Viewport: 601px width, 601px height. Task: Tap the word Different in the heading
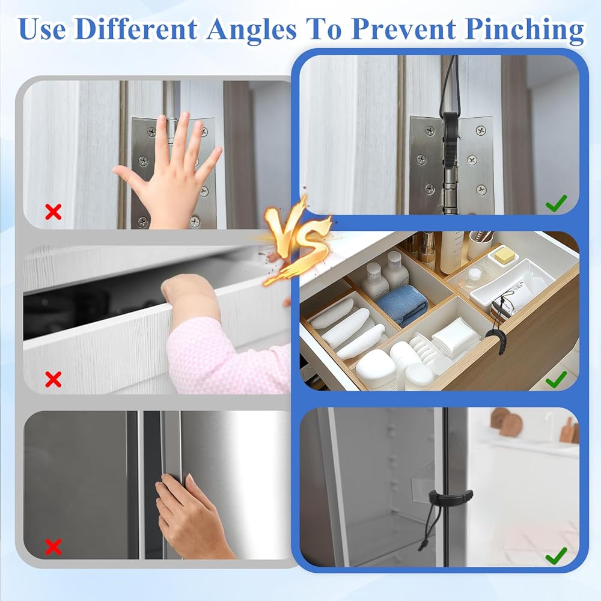pyautogui.click(x=136, y=29)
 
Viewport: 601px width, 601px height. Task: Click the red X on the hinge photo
pyautogui.click(x=53, y=212)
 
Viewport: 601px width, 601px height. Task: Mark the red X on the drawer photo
pyautogui.click(x=53, y=379)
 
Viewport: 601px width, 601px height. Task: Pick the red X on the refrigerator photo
pyautogui.click(x=53, y=546)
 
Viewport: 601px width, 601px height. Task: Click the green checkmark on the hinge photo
pyautogui.click(x=556, y=203)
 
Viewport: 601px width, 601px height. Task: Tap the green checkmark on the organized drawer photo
pyautogui.click(x=556, y=379)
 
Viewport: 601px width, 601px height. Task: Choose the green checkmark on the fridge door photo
pyautogui.click(x=556, y=555)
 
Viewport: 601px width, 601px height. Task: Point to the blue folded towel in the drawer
pyautogui.click(x=403, y=305)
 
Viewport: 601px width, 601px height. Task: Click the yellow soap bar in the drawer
pyautogui.click(x=502, y=254)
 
